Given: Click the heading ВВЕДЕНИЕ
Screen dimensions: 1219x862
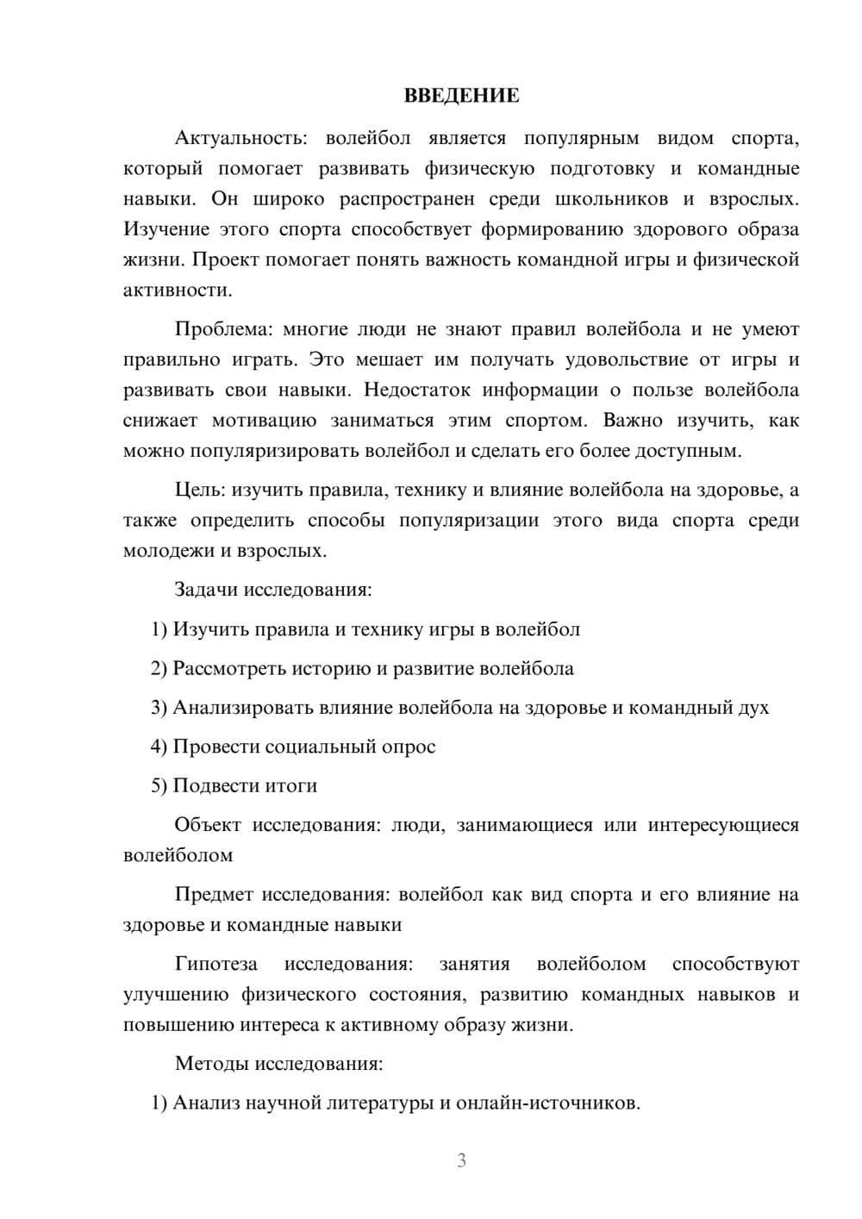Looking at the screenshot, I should pyautogui.click(x=461, y=96).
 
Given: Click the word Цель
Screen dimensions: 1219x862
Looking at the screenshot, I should pyautogui.click(x=200, y=491).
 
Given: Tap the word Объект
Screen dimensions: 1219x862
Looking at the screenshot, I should pyautogui.click(x=208, y=825).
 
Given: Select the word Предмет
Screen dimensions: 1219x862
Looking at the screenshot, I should pyautogui.click(x=215, y=894).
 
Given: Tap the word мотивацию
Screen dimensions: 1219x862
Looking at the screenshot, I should pyautogui.click(x=265, y=421).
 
